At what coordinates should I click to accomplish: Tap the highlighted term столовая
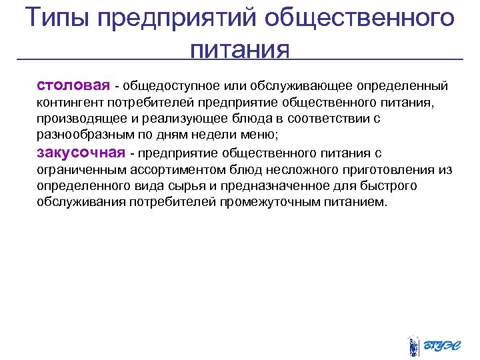point(73,86)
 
